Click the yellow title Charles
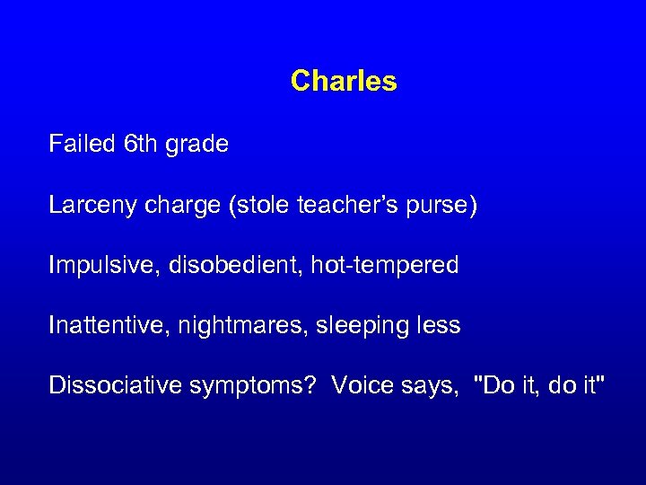coord(344,82)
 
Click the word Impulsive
coord(93,266)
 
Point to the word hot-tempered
coord(385,266)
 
